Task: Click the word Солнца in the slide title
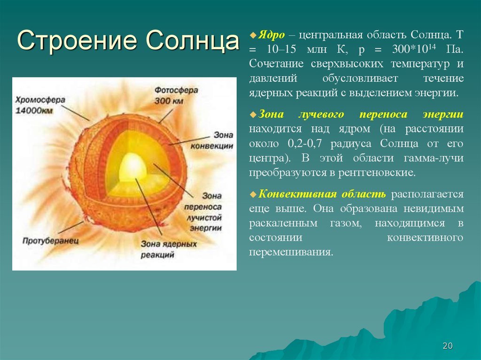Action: [192, 40]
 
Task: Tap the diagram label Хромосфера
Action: [40, 100]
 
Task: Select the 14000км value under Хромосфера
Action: [34, 110]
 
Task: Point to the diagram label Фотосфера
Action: [177, 90]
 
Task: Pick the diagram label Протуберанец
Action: [51, 240]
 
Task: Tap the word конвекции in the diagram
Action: [212, 146]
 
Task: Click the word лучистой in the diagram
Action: [204, 217]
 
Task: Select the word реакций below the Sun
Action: [158, 254]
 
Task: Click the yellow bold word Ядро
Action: [271, 35]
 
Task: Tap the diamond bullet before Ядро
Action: [253, 35]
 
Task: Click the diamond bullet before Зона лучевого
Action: [253, 115]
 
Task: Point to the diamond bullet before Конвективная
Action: [253, 194]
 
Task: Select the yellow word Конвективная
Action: [297, 194]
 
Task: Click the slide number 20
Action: [448, 346]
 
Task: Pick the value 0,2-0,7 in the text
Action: [304, 144]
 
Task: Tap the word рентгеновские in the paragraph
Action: [377, 173]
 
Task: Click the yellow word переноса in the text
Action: [383, 115]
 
